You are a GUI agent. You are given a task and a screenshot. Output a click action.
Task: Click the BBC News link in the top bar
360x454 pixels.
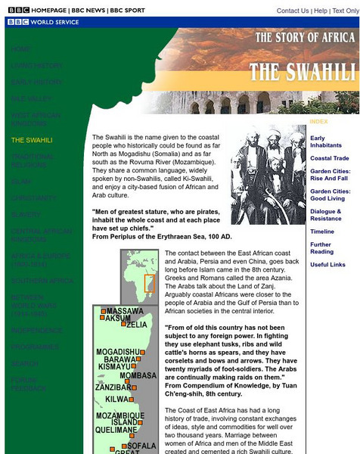coord(88,10)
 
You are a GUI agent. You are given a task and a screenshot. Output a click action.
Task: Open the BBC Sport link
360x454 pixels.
coord(126,10)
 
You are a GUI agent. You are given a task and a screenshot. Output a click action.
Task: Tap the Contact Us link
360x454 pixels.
coord(292,11)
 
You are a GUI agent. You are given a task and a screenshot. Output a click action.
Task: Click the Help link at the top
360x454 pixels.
coord(321,11)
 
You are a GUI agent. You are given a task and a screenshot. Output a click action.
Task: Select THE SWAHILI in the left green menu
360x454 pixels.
coord(32,140)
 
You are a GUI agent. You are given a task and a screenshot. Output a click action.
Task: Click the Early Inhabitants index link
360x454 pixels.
coord(327,141)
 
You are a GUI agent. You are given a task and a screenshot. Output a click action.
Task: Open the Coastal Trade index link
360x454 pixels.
coord(330,158)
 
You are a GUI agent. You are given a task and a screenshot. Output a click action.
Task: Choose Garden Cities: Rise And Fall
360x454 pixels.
coord(330,175)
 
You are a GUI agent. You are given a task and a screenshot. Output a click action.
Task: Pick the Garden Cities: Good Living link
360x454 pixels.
coord(330,195)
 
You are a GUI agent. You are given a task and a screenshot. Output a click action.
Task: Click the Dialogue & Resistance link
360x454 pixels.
coord(326,215)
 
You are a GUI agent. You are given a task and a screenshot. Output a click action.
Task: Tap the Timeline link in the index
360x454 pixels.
coord(321,232)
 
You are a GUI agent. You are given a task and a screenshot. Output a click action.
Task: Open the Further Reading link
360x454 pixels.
coord(321,248)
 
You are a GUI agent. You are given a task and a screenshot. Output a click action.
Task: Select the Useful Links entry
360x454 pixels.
coord(327,265)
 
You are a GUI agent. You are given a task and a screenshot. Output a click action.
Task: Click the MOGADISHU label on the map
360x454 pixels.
coord(119,352)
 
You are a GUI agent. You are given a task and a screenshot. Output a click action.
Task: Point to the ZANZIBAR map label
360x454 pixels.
coord(113,387)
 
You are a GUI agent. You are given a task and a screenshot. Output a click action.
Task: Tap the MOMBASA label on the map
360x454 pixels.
coord(138,375)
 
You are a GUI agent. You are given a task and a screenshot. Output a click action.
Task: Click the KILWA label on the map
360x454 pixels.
coord(117,399)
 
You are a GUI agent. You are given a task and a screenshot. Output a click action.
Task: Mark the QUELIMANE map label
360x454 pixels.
coord(116,430)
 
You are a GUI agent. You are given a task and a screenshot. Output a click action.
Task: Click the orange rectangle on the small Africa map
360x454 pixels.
coord(150,284)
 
